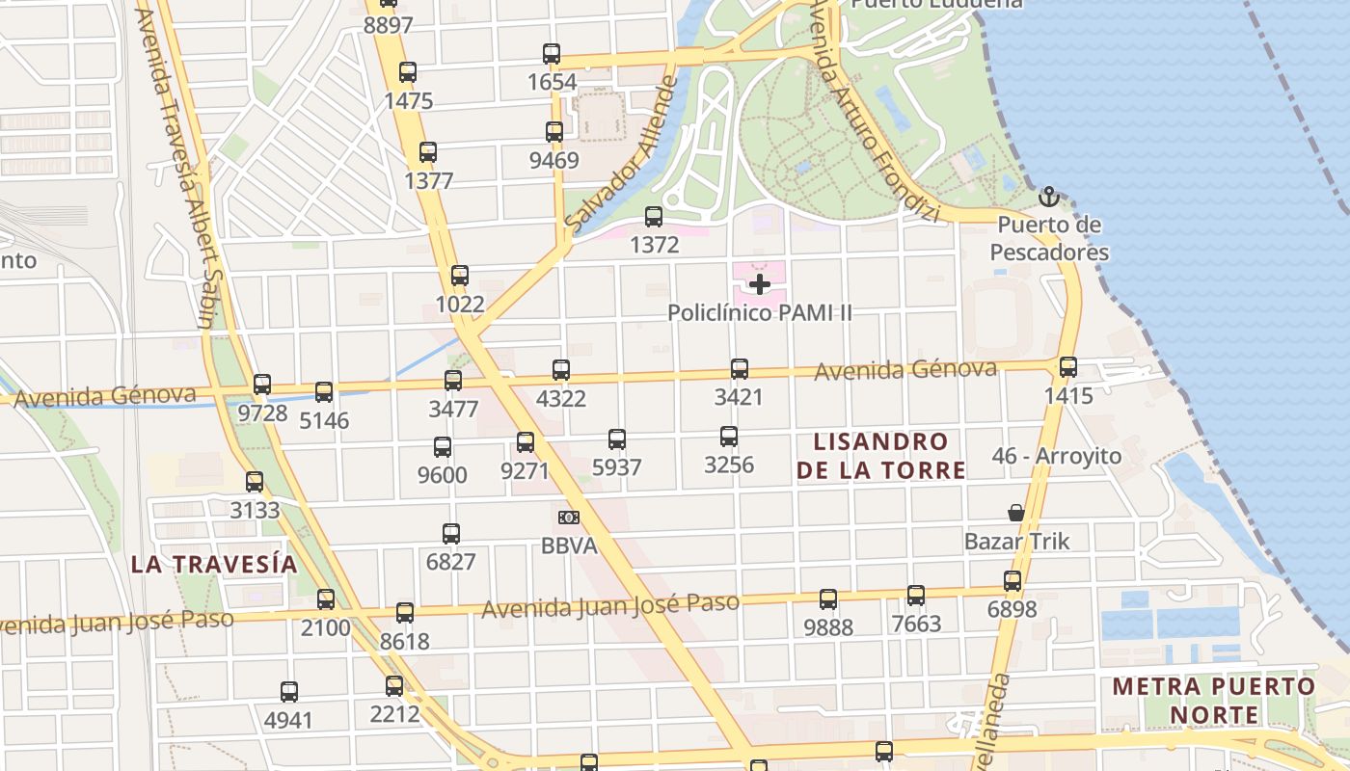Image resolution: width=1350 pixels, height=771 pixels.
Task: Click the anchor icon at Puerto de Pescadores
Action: coord(1048,198)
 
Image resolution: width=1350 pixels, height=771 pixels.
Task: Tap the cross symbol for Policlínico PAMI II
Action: coord(760,284)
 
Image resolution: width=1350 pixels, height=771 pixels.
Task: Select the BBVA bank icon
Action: coord(568,518)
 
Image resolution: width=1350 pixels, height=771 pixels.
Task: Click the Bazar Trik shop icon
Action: coord(1016,512)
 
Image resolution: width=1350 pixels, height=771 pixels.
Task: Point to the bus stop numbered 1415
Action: coord(1067,367)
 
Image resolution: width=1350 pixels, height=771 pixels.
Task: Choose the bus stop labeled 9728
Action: coord(262,385)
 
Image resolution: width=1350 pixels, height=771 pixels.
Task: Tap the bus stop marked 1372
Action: coord(654,217)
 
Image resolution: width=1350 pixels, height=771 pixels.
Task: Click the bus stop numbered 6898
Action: coord(1012,581)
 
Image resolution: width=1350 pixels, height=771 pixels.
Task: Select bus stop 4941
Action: coord(288,691)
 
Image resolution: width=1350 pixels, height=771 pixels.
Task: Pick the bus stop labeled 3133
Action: coord(255,481)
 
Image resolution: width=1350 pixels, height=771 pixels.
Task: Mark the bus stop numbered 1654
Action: coord(552,54)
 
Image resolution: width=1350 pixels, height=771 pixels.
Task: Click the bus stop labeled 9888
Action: coord(828,599)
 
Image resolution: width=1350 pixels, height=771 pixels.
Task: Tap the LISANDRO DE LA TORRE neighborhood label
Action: coord(889,456)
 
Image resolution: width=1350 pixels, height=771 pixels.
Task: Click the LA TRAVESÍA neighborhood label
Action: coord(214,565)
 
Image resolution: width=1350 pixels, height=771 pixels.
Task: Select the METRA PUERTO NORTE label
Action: coord(1213,701)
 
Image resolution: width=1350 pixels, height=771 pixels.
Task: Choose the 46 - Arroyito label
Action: coord(1057,456)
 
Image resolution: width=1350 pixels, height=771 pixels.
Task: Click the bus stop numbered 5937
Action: coord(617,439)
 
